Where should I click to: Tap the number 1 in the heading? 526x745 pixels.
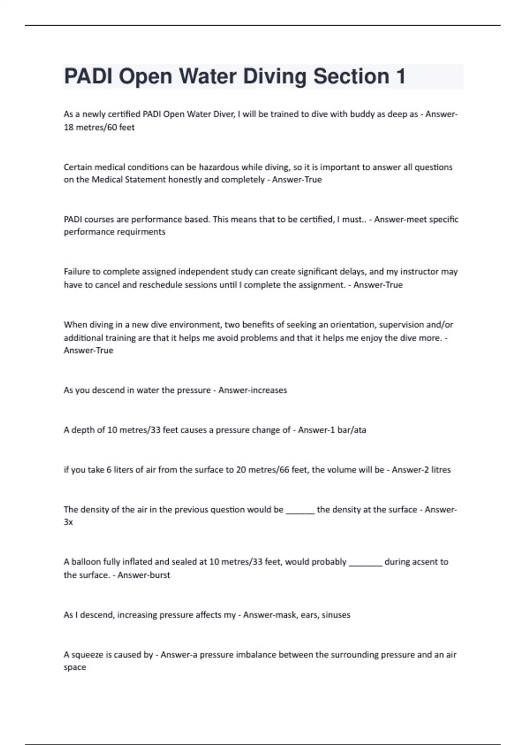pyautogui.click(x=400, y=76)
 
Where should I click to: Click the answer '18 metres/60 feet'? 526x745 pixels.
pyautogui.click(x=99, y=128)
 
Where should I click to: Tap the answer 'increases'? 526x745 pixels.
pyautogui.click(x=268, y=390)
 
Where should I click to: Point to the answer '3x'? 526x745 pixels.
pyautogui.click(x=68, y=522)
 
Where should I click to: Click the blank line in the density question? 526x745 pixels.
pyautogui.click(x=300, y=511)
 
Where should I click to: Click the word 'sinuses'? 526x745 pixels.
pyautogui.click(x=336, y=615)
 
